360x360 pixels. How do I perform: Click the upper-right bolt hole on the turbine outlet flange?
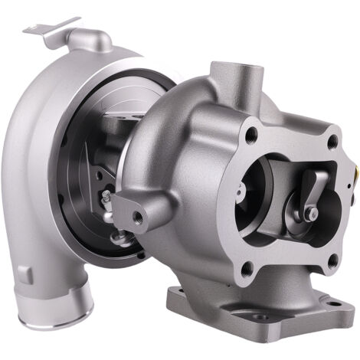(332, 142)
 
